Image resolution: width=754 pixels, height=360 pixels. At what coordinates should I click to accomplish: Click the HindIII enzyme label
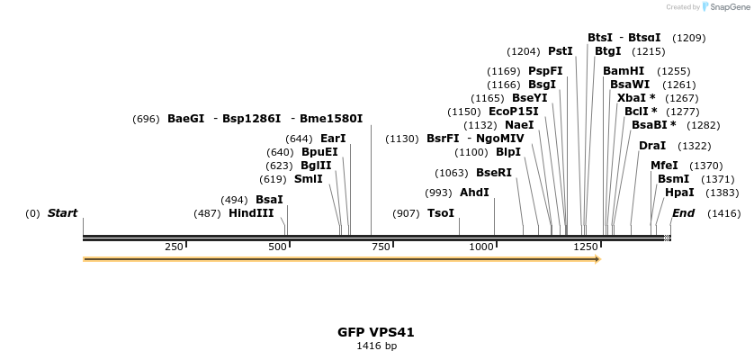point(251,213)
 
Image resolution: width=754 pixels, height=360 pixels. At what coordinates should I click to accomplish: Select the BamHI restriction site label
point(624,71)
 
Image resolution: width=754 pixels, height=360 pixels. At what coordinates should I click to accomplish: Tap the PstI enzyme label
point(560,51)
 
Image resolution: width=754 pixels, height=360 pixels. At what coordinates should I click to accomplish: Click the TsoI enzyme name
point(440,213)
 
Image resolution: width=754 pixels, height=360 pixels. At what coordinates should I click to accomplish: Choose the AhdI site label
point(474,193)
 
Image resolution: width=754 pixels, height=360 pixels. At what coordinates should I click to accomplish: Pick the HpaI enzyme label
point(679,193)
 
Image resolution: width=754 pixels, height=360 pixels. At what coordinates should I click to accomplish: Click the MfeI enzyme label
point(664,166)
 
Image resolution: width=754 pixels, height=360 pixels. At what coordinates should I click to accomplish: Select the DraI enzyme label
point(652,146)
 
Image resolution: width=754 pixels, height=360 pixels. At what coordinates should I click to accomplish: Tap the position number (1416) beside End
point(723,213)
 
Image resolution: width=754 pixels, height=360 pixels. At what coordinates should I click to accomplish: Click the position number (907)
point(406,213)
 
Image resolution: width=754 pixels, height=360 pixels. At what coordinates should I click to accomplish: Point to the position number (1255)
point(673,71)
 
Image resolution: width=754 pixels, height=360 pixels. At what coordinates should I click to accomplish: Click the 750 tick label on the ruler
point(381,247)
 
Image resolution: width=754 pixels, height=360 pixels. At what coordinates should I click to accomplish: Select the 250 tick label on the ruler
point(174,247)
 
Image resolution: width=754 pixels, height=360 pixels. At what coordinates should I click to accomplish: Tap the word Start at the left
point(62,213)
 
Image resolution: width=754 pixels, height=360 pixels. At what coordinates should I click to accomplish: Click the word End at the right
point(683,213)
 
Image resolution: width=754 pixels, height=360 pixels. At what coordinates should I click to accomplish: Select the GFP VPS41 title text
point(376,332)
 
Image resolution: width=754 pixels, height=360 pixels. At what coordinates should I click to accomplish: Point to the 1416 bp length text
point(376,346)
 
